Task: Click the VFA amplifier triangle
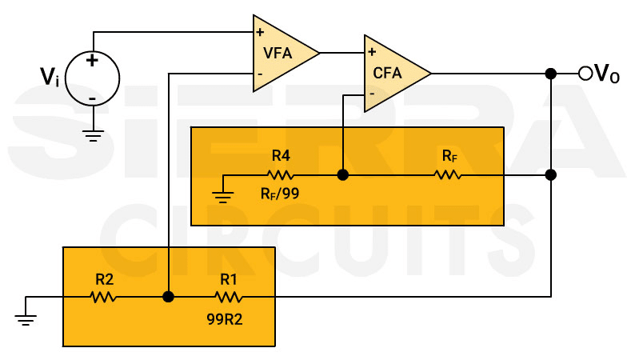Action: coord(280,54)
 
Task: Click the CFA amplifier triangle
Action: coord(391,74)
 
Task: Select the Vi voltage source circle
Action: coord(92,78)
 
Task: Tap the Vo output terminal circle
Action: coord(585,74)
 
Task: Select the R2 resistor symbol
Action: coord(103,297)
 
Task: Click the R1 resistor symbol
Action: coord(228,297)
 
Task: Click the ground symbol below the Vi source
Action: coord(93,136)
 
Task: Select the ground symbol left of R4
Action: coord(223,195)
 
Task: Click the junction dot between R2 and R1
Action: coord(168,297)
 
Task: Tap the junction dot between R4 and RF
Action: coord(342,174)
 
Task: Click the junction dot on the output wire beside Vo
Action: coord(550,74)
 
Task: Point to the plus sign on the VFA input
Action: coord(260,33)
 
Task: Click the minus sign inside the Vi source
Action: coord(92,98)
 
